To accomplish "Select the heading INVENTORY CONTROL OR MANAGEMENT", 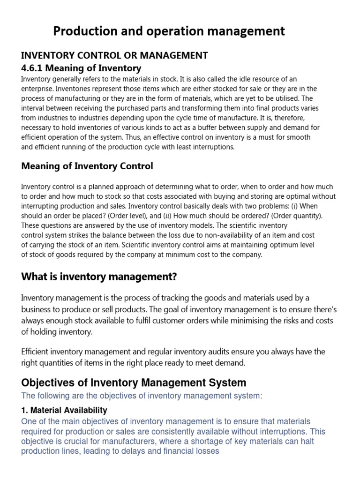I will [114, 55].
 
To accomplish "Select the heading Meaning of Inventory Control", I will [87, 166].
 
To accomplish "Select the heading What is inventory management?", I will [99, 277].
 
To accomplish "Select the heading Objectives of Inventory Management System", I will [134, 382].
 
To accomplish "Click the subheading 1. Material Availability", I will [64, 410].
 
